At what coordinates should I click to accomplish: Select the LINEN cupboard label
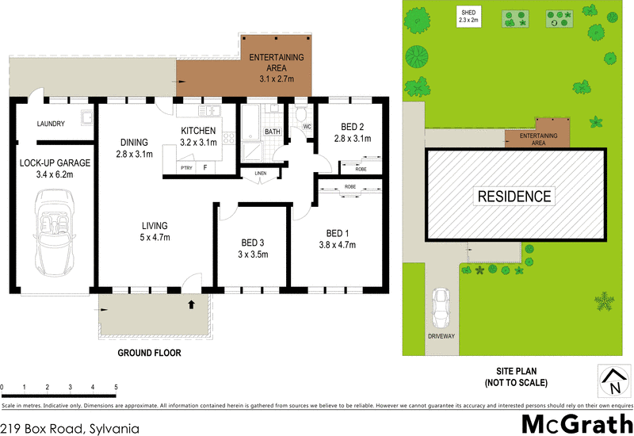tap(261, 173)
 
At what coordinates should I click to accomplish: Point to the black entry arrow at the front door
tap(190, 303)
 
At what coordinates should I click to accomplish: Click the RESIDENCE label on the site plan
tap(513, 196)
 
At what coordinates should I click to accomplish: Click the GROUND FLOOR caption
tap(150, 353)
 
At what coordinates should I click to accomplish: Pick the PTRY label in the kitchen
tap(186, 168)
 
